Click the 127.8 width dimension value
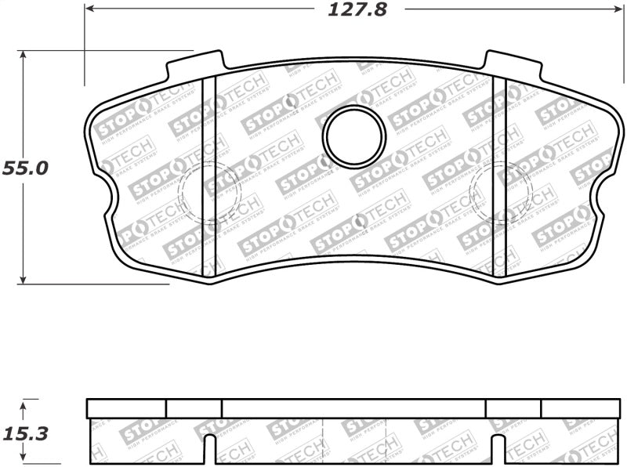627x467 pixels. [x=353, y=10]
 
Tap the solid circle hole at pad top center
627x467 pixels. [x=354, y=136]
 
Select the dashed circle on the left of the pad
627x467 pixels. [x=209, y=193]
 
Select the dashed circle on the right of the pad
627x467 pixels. [x=499, y=193]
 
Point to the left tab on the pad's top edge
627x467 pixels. [x=196, y=64]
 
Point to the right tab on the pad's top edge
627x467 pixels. [x=513, y=64]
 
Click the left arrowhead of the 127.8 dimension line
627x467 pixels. [x=89, y=9]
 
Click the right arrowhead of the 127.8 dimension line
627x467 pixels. [x=614, y=9]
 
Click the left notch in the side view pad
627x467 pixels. [x=208, y=451]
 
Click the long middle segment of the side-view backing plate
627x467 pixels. [x=353, y=407]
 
